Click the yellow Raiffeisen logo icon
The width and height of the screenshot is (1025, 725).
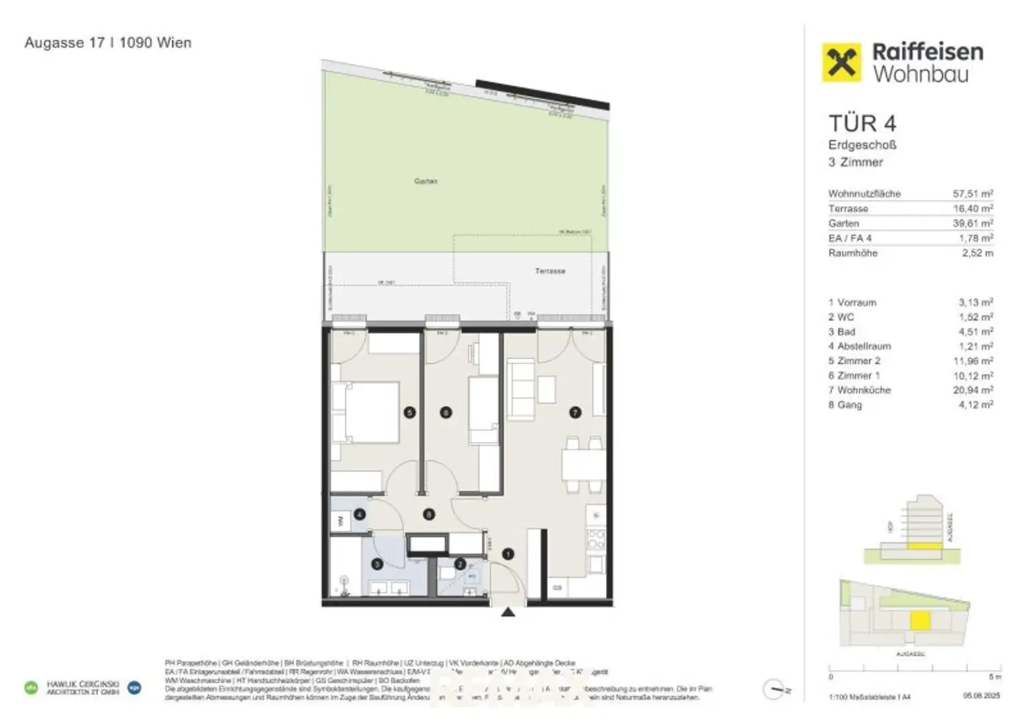[x=841, y=63]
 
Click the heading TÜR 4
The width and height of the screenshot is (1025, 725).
[x=862, y=123]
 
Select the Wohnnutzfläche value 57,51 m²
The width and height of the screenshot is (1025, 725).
[x=972, y=193]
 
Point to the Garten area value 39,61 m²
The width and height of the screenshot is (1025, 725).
[x=972, y=223]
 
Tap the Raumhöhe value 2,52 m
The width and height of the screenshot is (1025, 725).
[x=977, y=253]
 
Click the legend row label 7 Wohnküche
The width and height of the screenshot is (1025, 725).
[x=860, y=390]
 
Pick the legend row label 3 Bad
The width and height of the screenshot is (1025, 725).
[x=842, y=331]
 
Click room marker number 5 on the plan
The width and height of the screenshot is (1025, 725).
[x=410, y=413]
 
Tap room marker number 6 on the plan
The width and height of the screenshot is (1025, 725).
[x=446, y=413]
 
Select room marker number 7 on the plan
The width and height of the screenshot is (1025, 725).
[x=575, y=413]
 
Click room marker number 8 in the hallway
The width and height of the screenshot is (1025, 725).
[x=429, y=514]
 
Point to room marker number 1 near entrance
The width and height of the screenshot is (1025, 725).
[x=508, y=554]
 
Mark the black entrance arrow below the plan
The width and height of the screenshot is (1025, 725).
[x=508, y=612]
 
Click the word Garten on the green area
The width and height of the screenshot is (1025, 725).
[x=426, y=181]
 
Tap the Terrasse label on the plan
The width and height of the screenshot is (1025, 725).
[x=550, y=271]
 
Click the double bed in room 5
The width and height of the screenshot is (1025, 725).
[x=366, y=412]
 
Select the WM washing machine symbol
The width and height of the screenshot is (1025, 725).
[x=340, y=521]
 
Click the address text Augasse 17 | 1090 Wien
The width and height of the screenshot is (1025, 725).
[x=108, y=43]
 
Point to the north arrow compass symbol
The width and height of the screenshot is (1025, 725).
[x=774, y=690]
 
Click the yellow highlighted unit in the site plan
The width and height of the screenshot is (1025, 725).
[x=920, y=620]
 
